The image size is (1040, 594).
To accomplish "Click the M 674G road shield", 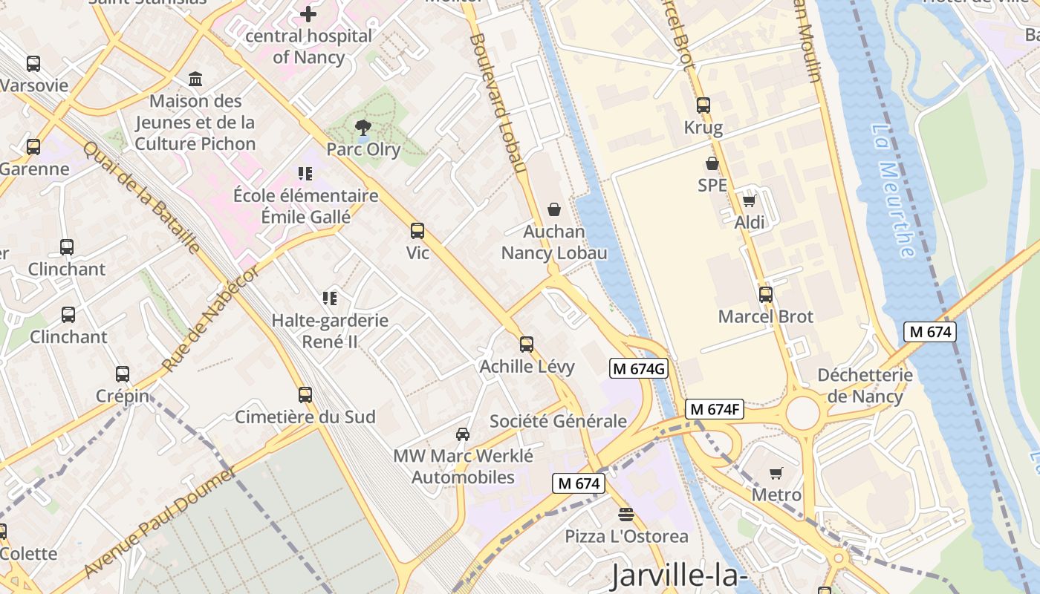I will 639,368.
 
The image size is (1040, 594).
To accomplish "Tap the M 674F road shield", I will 714,409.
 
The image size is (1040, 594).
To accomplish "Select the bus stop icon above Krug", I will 703,105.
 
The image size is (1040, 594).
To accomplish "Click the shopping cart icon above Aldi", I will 749,200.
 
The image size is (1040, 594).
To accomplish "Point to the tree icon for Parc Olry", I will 363,127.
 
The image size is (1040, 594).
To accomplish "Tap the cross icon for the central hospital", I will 308,13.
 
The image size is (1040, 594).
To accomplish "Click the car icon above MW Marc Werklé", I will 463,434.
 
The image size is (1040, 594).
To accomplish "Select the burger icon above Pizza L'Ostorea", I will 626,514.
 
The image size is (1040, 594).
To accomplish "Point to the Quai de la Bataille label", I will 141,197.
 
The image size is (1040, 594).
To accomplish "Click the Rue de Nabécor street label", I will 211,318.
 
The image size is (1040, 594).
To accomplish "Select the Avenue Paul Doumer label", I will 160,521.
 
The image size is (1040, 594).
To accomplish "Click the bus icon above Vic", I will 417,231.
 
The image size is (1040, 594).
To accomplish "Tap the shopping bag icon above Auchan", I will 553,209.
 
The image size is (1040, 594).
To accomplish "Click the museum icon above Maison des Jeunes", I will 195,79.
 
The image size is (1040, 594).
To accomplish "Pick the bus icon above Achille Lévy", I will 527,344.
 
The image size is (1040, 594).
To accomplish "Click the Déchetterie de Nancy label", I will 865,385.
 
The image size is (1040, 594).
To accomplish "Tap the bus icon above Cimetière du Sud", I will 305,394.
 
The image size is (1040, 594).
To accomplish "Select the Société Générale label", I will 558,422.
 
